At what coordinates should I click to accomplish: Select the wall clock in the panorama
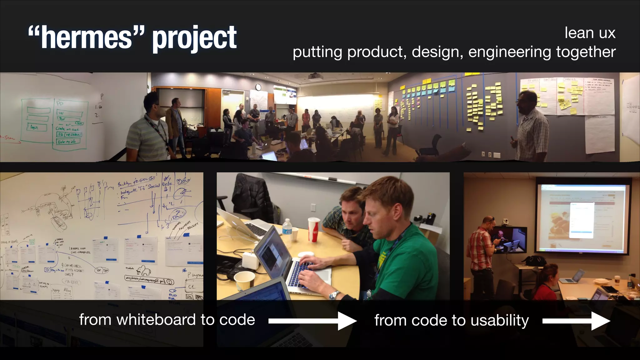click(258, 87)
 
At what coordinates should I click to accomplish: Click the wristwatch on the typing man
click(334, 294)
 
